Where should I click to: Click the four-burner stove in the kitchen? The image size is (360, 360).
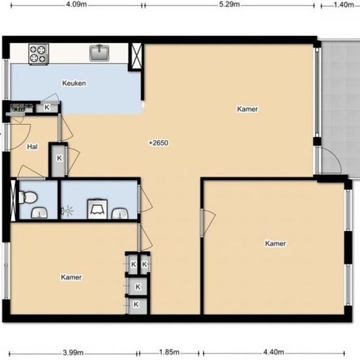(x=39, y=54)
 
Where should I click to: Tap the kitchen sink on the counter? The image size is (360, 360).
(x=99, y=53)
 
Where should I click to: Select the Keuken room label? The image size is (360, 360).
(x=74, y=83)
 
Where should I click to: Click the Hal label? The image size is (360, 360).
(x=32, y=147)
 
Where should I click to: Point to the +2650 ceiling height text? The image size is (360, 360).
(x=158, y=143)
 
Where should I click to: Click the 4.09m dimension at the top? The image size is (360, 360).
(x=77, y=5)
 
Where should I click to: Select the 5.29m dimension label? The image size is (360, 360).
(x=229, y=5)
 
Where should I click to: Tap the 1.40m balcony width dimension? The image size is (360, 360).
(x=344, y=5)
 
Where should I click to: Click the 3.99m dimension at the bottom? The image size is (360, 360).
(x=73, y=352)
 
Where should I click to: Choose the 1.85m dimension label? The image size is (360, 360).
(x=170, y=352)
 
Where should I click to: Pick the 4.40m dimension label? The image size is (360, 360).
(x=274, y=352)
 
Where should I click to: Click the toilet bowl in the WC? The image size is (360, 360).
(x=28, y=198)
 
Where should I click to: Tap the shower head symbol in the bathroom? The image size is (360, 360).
(x=67, y=211)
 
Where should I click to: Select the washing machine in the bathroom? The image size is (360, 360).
(x=98, y=209)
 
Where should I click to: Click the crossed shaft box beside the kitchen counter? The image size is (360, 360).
(x=136, y=56)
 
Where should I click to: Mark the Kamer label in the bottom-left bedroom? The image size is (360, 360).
(x=71, y=277)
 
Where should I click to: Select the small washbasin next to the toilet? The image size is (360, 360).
(x=39, y=213)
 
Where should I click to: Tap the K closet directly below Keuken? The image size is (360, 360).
(x=47, y=107)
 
